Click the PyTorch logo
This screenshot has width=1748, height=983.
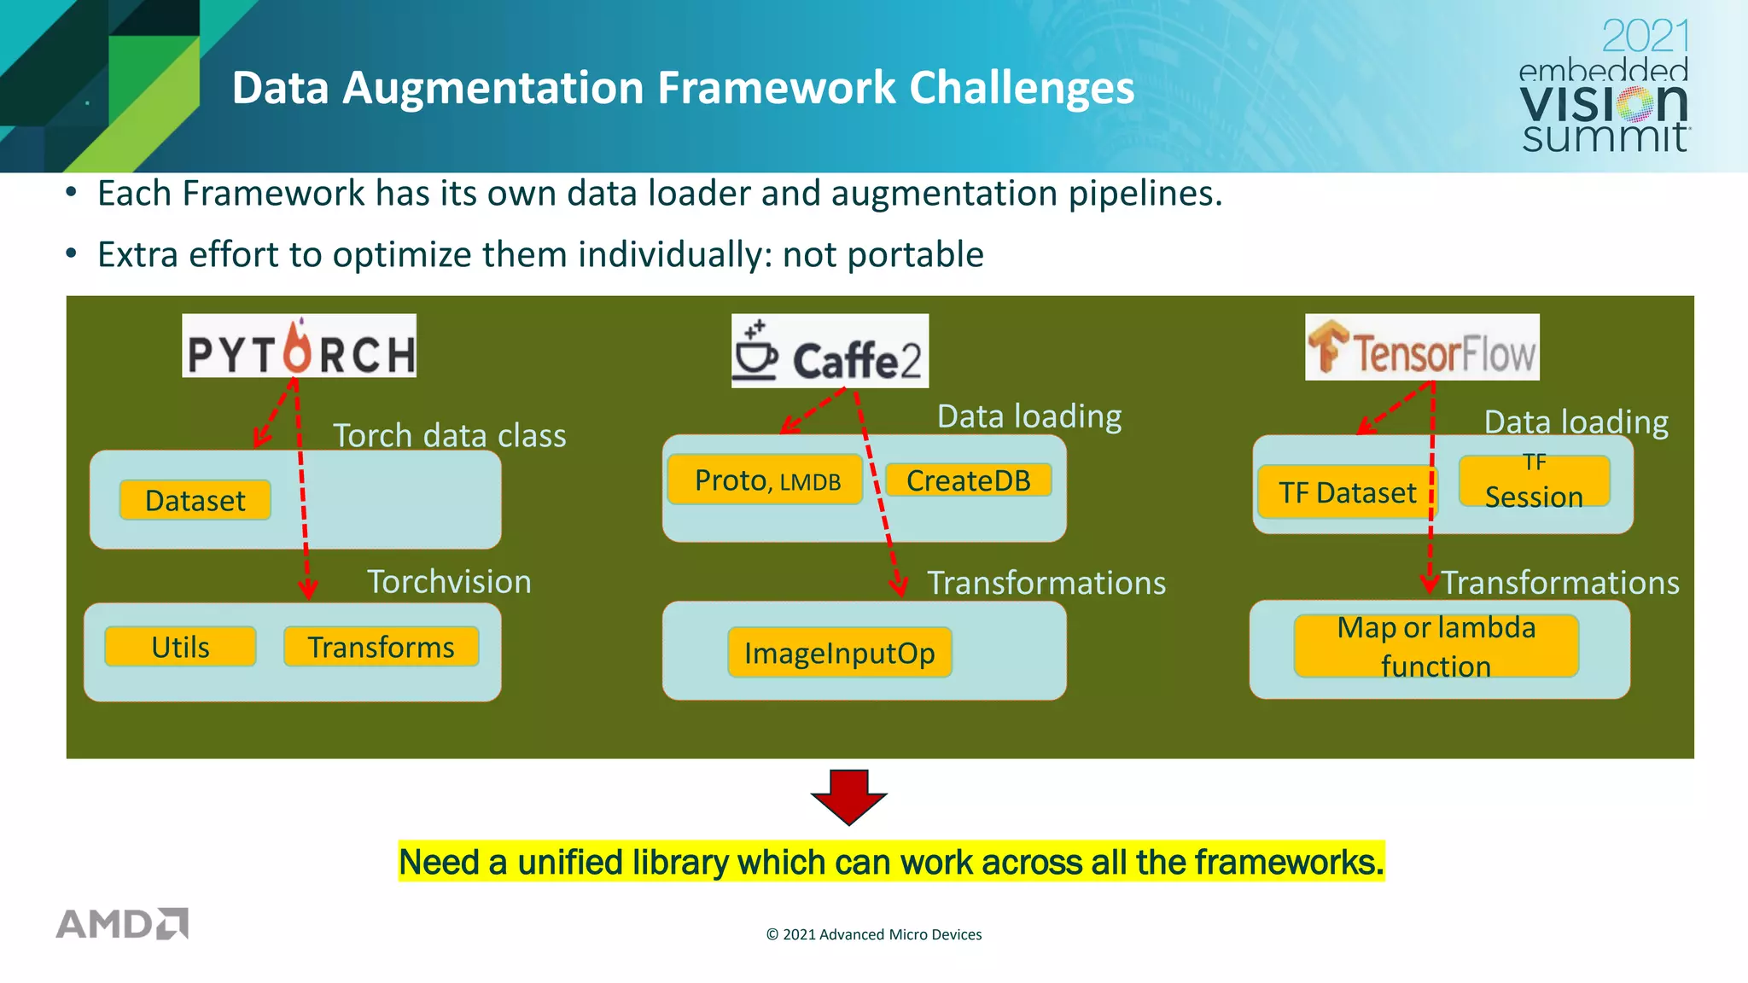point(299,346)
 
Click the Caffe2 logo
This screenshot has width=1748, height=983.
point(830,352)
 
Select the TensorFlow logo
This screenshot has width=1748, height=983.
point(1422,347)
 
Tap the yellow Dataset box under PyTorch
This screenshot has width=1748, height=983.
point(195,500)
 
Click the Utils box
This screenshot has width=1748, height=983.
point(180,647)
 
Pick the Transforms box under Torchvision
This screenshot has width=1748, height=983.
point(381,647)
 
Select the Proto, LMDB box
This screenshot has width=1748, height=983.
point(766,480)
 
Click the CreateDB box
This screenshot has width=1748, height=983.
point(968,480)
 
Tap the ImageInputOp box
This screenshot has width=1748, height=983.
point(839,653)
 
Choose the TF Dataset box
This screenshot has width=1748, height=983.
point(1347,492)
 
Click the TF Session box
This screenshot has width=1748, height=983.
point(1534,482)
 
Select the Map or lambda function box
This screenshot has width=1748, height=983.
point(1436,646)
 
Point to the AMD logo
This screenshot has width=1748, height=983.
point(122,924)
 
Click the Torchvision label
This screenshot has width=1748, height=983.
point(449,582)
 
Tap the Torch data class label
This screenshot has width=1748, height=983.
point(449,436)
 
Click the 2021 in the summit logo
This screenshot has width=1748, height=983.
point(1645,37)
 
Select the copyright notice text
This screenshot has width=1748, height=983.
point(874,934)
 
